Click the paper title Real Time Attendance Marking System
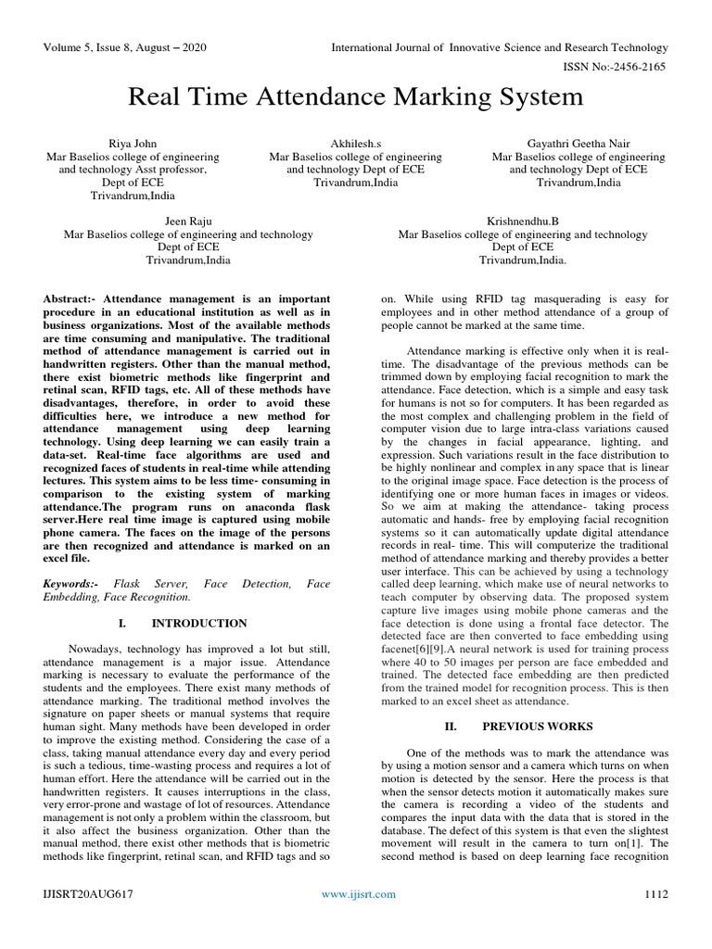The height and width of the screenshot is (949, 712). [x=356, y=96]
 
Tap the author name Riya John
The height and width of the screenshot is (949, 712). [x=133, y=144]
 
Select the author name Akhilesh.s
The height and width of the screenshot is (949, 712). [x=355, y=144]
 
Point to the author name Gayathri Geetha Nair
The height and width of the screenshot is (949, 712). [x=578, y=144]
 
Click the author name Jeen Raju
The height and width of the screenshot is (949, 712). [x=187, y=221]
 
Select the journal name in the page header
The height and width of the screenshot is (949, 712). [x=500, y=47]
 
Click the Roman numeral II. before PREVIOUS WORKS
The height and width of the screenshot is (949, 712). [x=451, y=727]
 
